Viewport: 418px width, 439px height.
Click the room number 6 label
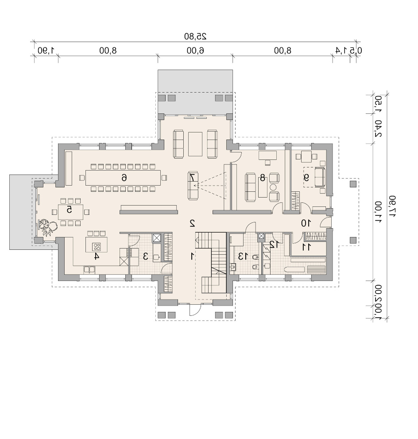click(124, 178)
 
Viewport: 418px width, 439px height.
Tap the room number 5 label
click(70, 210)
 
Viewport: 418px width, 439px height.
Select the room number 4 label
click(96, 256)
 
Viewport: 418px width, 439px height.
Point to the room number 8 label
click(263, 178)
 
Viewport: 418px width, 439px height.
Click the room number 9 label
click(307, 178)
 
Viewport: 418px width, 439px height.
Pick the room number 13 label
click(243, 256)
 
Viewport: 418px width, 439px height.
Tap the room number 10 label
click(306, 223)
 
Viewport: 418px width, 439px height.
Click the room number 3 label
click(146, 256)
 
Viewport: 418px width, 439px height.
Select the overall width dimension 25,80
click(195, 36)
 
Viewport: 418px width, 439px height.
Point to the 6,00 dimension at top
click(195, 51)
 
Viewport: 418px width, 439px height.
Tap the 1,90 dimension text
click(46, 51)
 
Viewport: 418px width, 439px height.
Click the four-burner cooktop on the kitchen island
click(97, 247)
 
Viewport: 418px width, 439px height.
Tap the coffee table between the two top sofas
click(195, 144)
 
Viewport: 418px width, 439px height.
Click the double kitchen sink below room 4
click(89, 270)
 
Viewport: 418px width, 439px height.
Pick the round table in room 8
click(273, 187)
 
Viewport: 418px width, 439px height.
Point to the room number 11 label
click(306, 247)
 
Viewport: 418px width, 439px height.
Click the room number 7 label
click(192, 178)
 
